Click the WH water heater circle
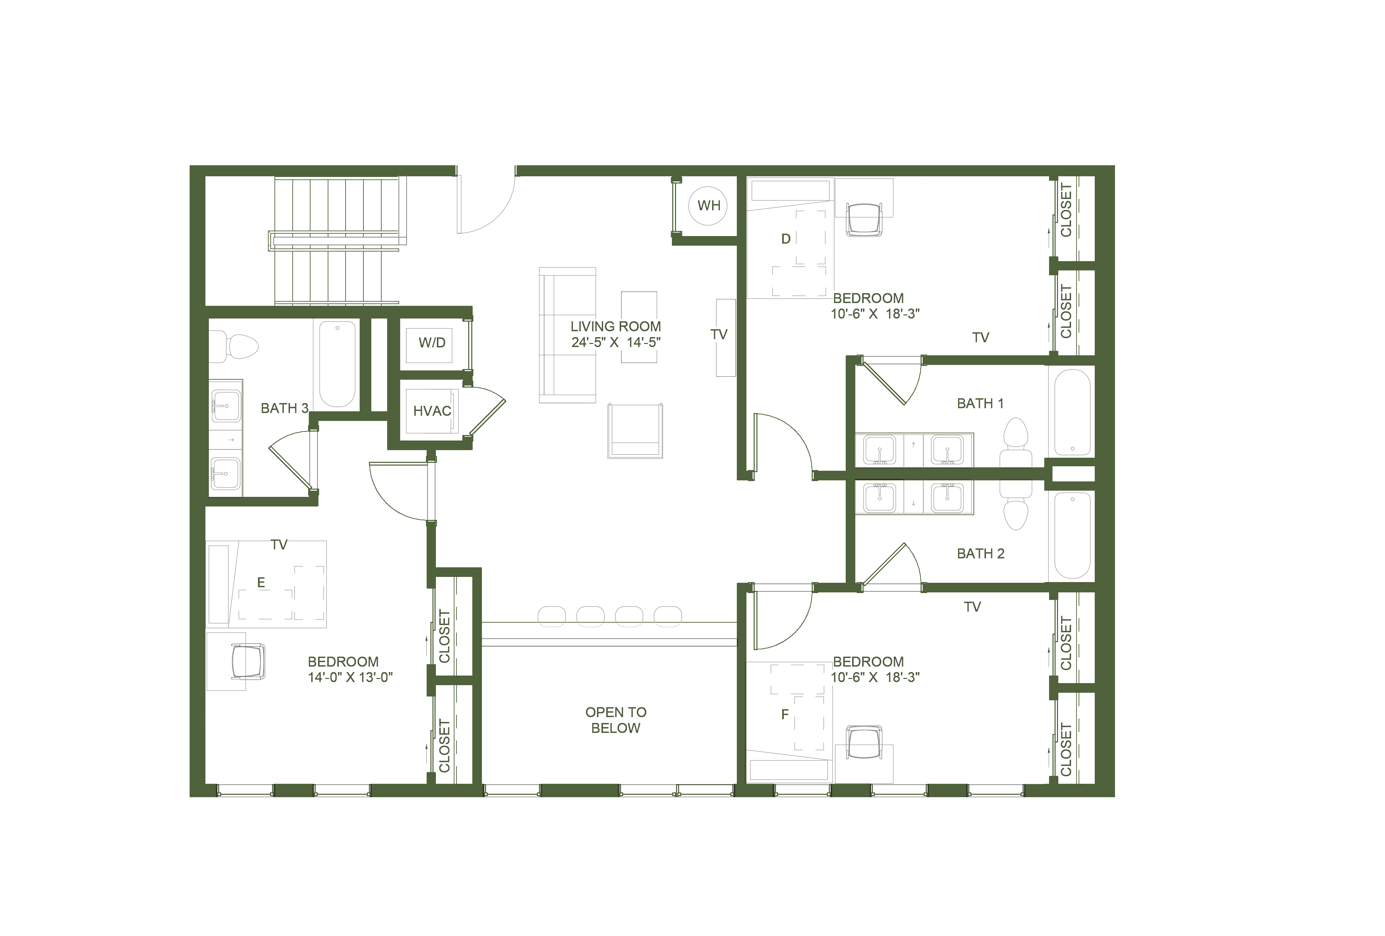click(x=709, y=206)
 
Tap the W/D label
click(x=432, y=343)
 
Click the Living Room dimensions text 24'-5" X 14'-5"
click(x=616, y=342)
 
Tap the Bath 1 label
click(x=980, y=404)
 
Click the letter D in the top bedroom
click(x=786, y=239)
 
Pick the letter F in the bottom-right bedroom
click(x=785, y=714)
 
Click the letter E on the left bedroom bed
click(x=261, y=582)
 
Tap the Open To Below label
click(x=616, y=720)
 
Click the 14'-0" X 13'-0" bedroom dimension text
click(x=350, y=677)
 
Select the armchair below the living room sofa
click(x=635, y=431)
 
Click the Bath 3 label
click(x=285, y=408)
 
